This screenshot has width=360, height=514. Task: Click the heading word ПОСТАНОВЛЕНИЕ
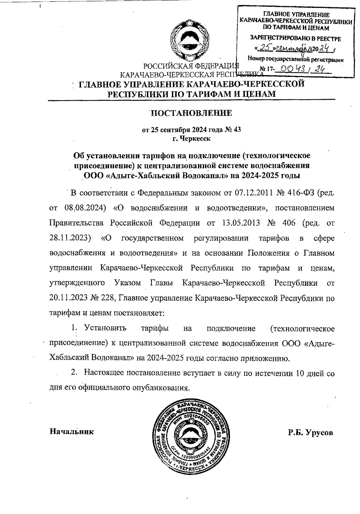click(191, 113)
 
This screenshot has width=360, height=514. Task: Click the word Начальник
click(71, 432)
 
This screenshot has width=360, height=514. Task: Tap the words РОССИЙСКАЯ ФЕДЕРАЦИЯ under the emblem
click(191, 66)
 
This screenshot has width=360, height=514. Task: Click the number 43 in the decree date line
click(237, 130)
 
